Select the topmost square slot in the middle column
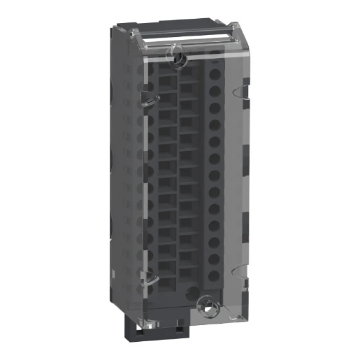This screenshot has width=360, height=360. (x=187, y=73)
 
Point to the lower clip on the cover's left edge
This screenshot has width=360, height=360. (x=147, y=280)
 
